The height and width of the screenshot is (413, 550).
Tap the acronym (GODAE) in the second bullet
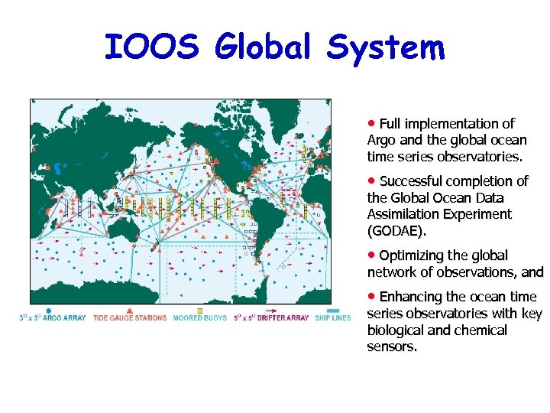click(x=396, y=231)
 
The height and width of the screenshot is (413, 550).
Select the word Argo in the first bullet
click(x=381, y=140)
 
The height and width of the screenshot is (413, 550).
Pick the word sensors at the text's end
click(x=392, y=346)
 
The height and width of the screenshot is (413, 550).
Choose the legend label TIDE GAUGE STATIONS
click(x=130, y=317)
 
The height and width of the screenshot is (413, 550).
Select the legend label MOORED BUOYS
click(x=199, y=317)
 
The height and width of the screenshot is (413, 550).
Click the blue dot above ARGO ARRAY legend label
click(x=49, y=311)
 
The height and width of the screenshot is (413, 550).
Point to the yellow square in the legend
click(x=200, y=311)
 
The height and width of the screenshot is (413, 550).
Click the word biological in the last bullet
click(x=399, y=330)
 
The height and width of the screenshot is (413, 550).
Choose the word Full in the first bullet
click(x=390, y=124)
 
